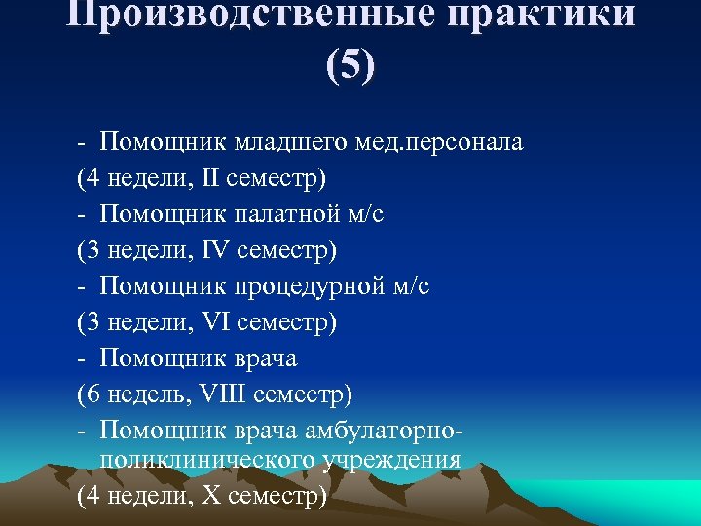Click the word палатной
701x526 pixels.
tap(281, 214)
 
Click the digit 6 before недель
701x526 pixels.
tap(90, 394)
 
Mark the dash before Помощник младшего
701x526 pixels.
tap(83, 143)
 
